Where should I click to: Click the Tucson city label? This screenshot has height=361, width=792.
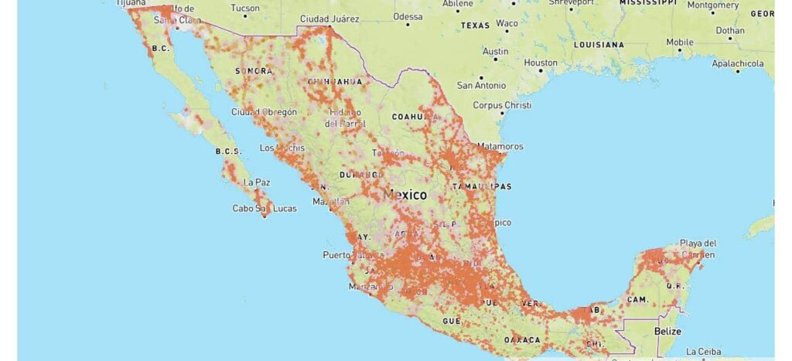245,9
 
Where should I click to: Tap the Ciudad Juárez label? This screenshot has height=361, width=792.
329,19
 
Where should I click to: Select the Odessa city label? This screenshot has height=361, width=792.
408,16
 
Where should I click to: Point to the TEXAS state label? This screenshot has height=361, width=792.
476,26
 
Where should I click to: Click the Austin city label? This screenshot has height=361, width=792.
496,52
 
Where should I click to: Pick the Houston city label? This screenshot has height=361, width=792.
541,63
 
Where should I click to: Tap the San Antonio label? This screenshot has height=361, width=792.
481,86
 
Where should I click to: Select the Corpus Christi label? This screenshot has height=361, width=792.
502,105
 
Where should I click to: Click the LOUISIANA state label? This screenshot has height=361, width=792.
599,45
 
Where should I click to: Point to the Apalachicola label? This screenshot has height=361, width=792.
738,64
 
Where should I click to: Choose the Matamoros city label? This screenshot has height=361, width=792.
500,146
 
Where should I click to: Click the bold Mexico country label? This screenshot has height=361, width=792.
405,195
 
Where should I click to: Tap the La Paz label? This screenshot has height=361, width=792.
257,182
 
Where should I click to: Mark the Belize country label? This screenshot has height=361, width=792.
667,332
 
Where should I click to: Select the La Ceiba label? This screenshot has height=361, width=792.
702,352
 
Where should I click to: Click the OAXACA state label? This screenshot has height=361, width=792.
522,340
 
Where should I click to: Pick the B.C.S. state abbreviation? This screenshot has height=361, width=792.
229,152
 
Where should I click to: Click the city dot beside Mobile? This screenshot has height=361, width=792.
680,50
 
